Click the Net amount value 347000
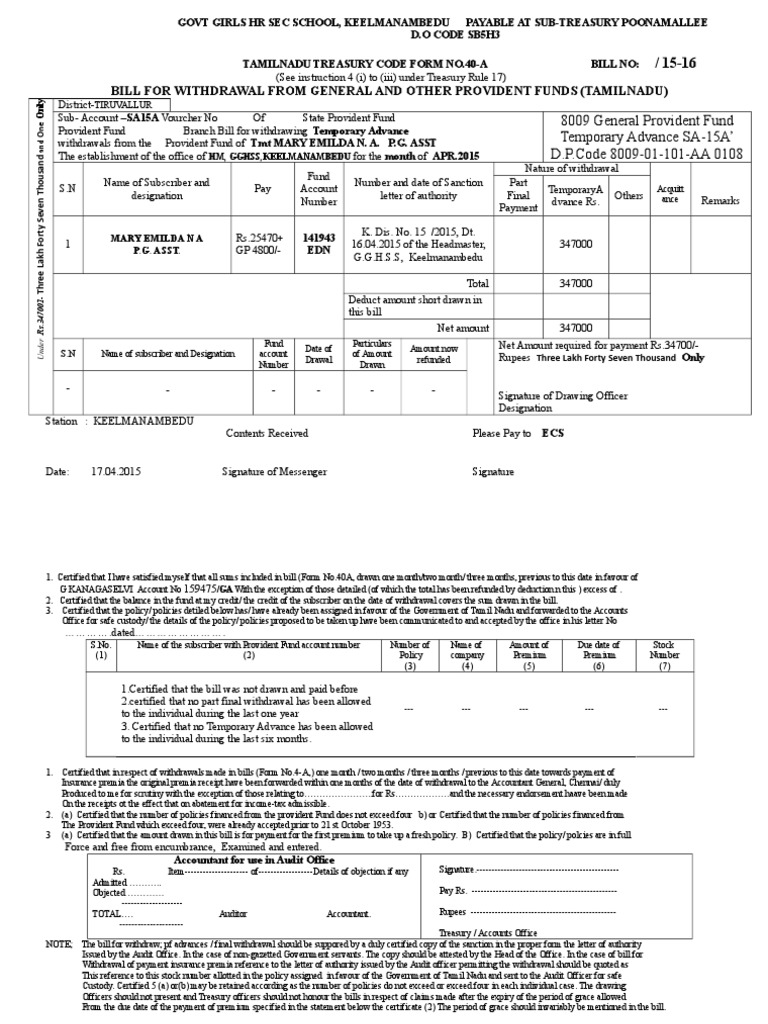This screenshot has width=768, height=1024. (x=575, y=327)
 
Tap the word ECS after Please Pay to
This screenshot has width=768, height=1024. (x=553, y=435)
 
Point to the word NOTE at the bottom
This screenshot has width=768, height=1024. (x=59, y=944)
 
